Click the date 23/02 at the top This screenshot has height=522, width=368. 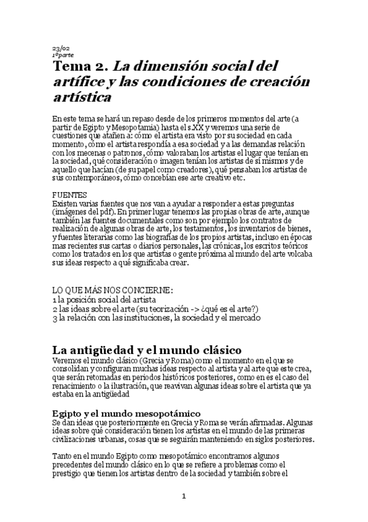click(x=60, y=49)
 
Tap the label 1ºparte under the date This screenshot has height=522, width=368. click(x=63, y=55)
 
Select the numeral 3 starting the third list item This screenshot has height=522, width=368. click(x=55, y=318)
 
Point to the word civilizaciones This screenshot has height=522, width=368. click(x=79, y=440)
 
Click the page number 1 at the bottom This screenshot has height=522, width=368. click(x=183, y=496)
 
